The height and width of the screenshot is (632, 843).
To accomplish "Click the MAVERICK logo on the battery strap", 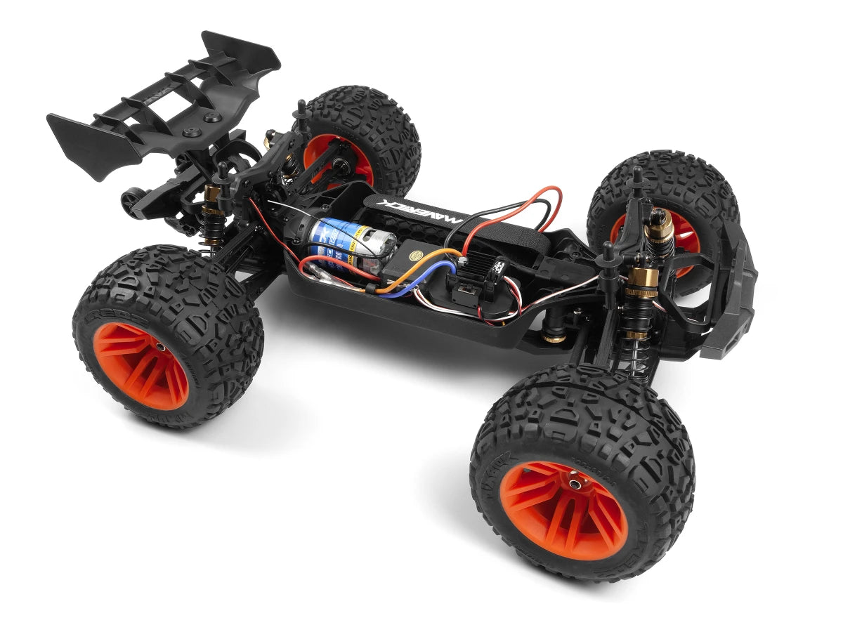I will pos(421,209).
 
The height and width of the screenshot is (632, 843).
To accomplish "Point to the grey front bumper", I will pos(731,295).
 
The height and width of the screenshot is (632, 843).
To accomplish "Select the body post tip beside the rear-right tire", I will pos(301,107).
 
